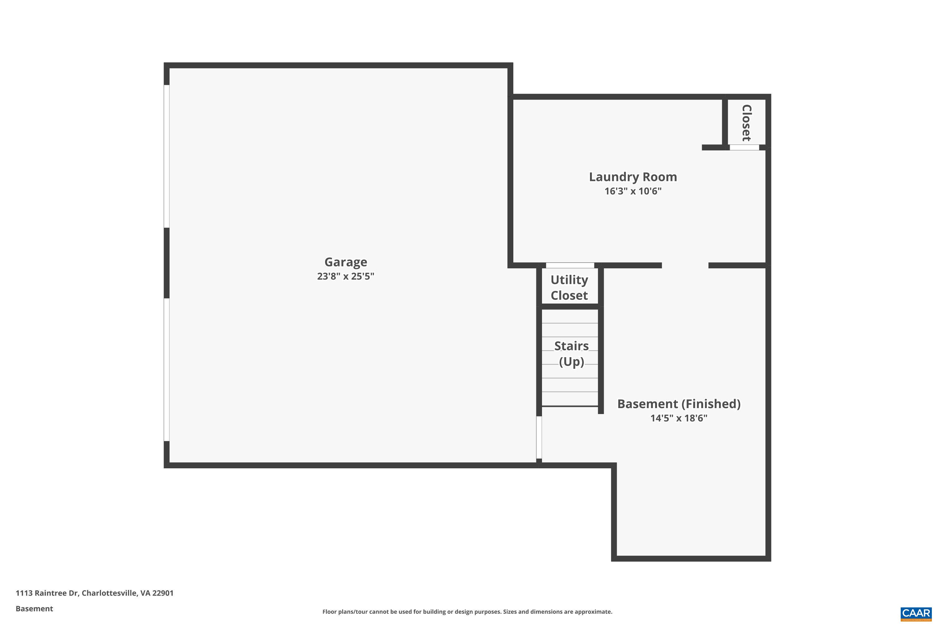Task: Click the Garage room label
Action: [345, 262]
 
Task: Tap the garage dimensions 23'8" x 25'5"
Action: [345, 276]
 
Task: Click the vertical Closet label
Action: [746, 123]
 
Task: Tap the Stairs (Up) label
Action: [571, 353]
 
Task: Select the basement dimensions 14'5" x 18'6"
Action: [678, 418]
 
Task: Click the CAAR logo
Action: [916, 613]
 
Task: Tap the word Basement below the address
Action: [34, 608]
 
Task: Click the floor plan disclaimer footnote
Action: [467, 612]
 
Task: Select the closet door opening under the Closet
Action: [744, 147]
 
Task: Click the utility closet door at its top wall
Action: [570, 266]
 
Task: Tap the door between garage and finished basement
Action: [539, 437]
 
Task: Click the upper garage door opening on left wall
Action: [166, 156]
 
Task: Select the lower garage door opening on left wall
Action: [166, 369]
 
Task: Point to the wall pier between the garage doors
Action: [166, 263]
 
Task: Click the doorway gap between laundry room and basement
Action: [685, 266]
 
